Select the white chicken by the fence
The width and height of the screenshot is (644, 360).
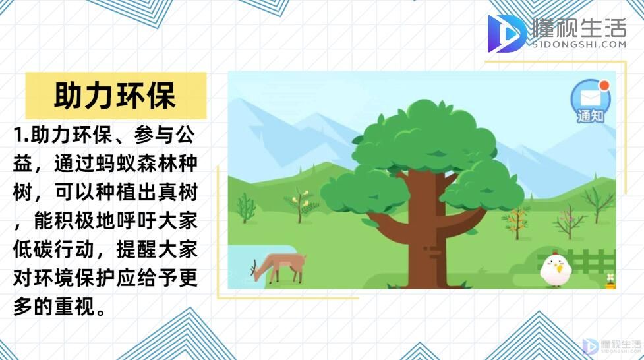point(556,270)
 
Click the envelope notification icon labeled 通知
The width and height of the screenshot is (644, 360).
point(591,102)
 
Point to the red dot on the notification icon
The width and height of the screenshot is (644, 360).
point(604,86)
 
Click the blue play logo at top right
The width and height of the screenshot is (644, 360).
point(506,33)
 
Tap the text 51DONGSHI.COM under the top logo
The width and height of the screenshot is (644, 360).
point(579,44)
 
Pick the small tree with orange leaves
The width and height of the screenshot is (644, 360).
point(517,222)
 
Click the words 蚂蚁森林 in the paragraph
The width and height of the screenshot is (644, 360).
point(136,164)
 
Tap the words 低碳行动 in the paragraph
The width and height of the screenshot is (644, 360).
point(54,250)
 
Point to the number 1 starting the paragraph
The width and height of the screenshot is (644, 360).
point(18,135)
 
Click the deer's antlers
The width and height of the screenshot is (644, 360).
point(253,267)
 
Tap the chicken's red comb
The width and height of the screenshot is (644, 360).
point(554,253)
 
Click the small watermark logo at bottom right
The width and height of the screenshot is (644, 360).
point(590,347)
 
